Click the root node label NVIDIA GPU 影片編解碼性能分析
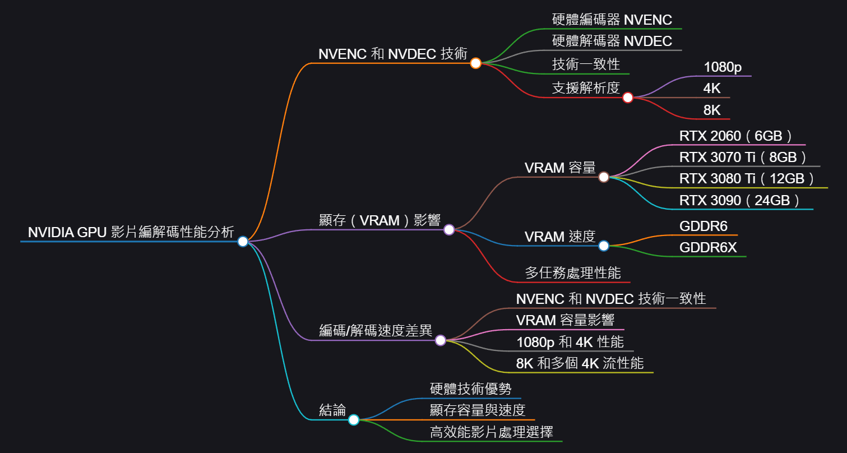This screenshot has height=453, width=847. point(131,232)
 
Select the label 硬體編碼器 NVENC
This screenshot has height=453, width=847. point(612,20)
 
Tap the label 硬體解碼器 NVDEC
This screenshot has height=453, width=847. point(612,41)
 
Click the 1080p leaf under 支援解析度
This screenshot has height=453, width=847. point(723,67)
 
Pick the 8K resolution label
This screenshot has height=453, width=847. point(712,110)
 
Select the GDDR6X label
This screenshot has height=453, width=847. point(708,247)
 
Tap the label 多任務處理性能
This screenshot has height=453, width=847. point(572,273)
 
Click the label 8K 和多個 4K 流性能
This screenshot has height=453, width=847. point(580,363)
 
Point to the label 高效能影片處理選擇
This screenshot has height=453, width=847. point(491,432)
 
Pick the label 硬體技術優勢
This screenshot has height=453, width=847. point(470,389)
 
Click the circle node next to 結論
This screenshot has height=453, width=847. point(354,420)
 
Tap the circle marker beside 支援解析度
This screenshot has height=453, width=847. point(628,98)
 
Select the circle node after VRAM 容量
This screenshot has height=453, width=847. point(604,177)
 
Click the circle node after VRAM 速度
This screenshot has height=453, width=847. point(604,246)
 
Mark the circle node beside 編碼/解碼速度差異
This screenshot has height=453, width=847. point(441,340)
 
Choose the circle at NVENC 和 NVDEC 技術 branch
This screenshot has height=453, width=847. point(476,63)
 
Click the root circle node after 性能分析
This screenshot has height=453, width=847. point(243,242)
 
